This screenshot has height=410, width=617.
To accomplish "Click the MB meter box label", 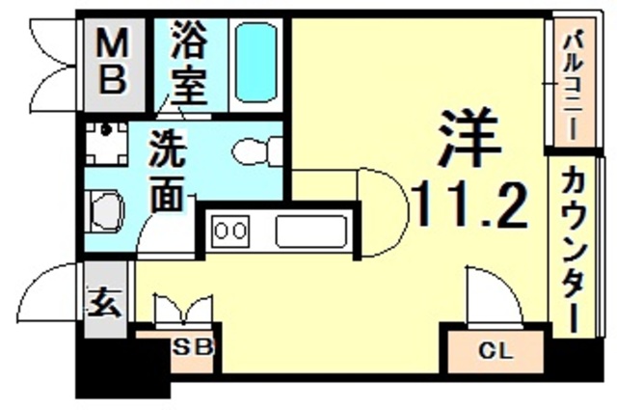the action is point(113,62).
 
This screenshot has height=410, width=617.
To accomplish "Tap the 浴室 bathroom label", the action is point(189,63).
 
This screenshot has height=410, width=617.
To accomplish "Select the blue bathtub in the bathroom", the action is point(255,62).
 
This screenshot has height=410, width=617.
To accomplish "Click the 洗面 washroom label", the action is point(167,171).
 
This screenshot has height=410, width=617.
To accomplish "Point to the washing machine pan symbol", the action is point(107,144).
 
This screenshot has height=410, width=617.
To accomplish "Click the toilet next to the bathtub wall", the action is point(257,151).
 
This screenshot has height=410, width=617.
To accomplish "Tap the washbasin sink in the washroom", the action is point(105,210).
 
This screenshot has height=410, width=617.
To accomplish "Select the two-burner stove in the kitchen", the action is point(230,232).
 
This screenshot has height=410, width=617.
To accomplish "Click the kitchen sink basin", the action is point(310,232).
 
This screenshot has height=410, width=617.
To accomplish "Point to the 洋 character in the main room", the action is point(469,138).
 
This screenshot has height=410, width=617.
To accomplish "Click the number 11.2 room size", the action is point(469,205).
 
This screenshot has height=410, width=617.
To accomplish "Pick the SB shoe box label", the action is point(194,347).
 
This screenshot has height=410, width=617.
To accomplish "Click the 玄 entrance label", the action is point(105,303).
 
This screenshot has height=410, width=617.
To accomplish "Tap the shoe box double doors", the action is point(184,310).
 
